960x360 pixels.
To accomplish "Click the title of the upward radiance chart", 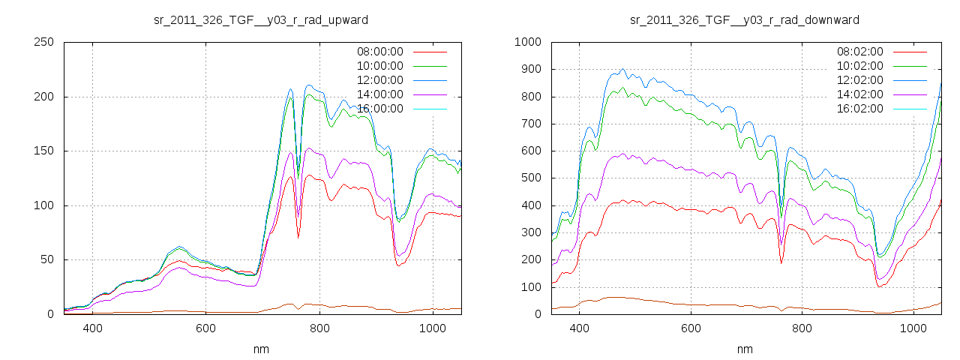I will [261, 19].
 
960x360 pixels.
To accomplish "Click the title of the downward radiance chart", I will [745, 19].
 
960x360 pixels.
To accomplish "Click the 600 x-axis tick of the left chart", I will [206, 328].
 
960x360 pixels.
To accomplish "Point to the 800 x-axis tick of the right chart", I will [802, 328].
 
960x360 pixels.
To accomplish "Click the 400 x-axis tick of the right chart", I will [579, 328].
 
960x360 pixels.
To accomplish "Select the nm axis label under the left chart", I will [261, 349].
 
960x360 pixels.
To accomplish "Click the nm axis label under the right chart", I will [745, 349].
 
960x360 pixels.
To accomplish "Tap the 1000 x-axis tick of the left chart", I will [433, 328].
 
